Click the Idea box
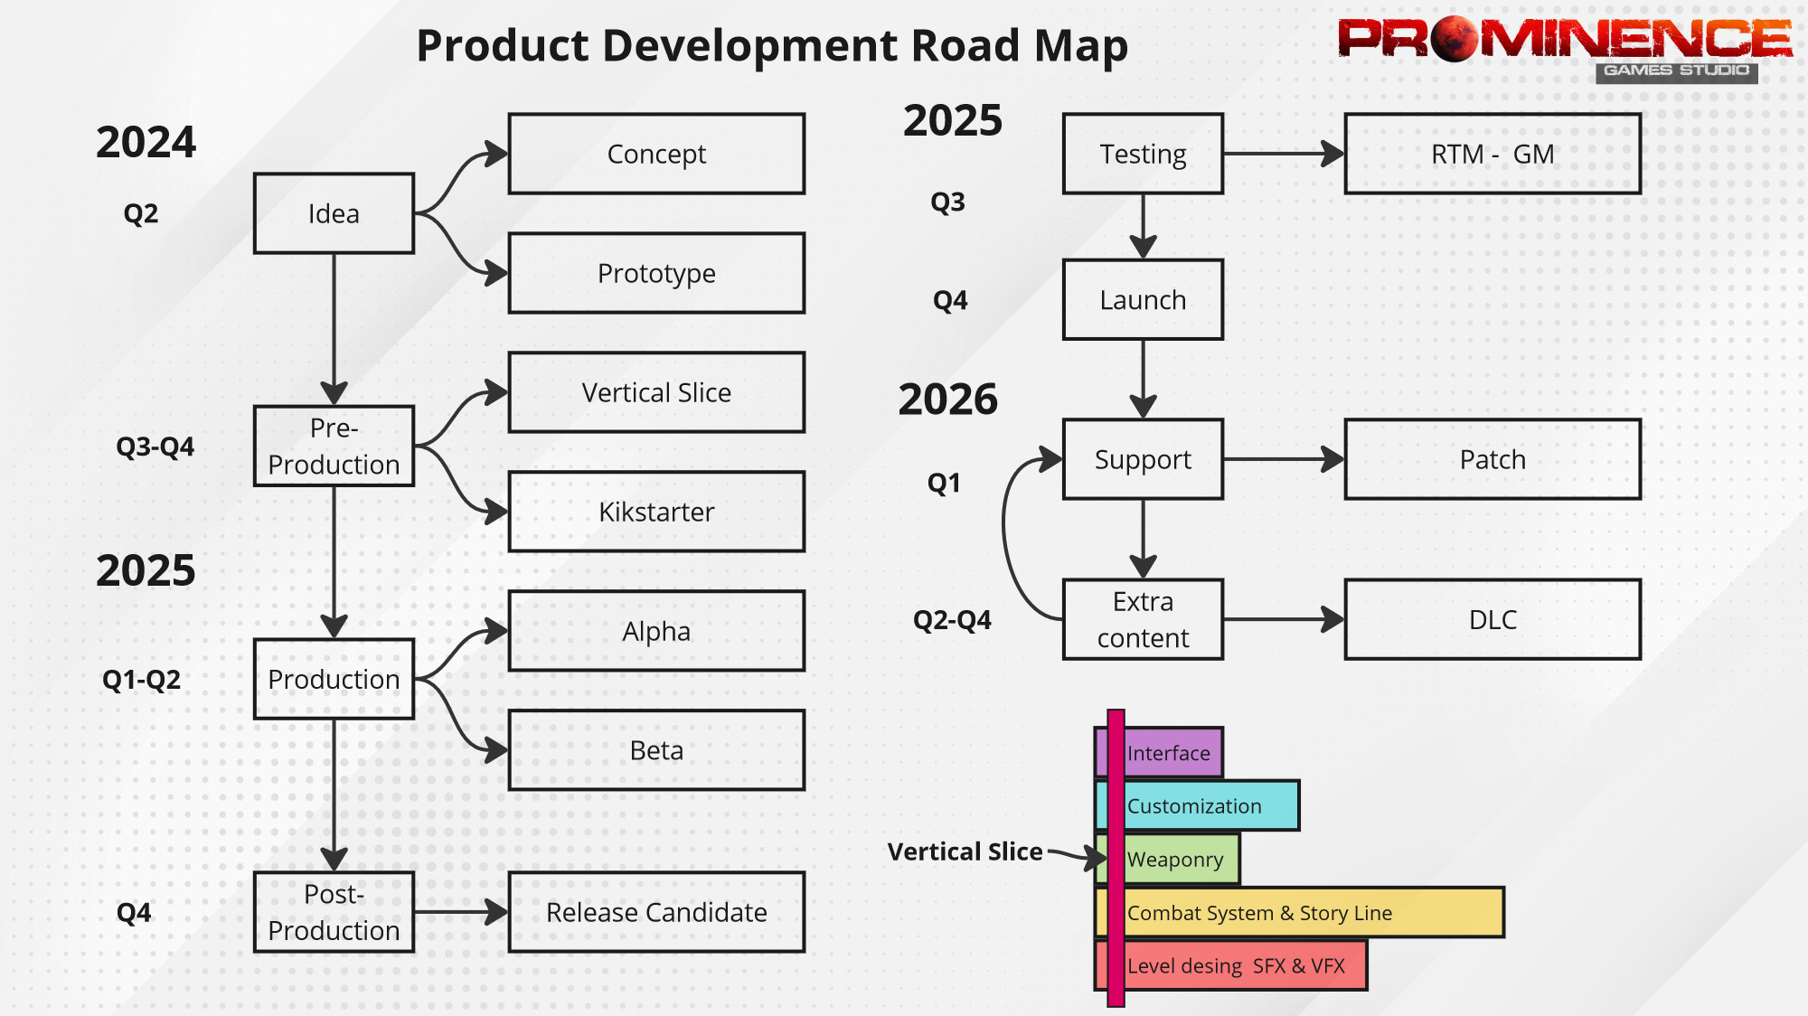[x=334, y=213]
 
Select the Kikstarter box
[x=656, y=512]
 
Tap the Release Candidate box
[x=656, y=912]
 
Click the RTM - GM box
[x=1493, y=154]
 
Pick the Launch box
[x=1143, y=300]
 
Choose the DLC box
[x=1493, y=619]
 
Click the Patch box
[x=1493, y=459]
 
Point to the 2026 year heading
[x=948, y=399]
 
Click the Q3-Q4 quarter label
[x=155, y=447]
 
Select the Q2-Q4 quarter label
[x=952, y=620]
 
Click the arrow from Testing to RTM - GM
[x=1284, y=154]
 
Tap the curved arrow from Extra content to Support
[x=1006, y=533]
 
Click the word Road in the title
[x=965, y=45]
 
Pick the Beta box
[x=656, y=750]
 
